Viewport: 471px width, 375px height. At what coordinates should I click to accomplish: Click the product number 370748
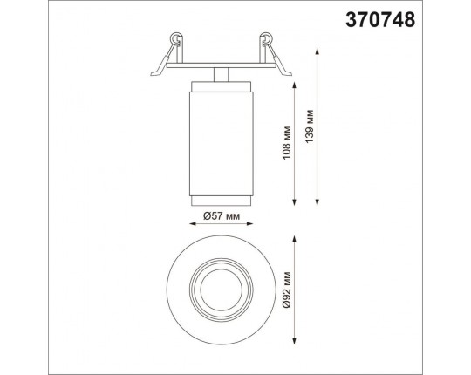tap(380, 20)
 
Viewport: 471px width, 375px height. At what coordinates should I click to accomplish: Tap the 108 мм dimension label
tap(287, 143)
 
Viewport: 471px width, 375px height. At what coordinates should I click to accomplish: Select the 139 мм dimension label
tap(309, 126)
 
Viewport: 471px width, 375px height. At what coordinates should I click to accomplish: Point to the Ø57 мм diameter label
tap(222, 215)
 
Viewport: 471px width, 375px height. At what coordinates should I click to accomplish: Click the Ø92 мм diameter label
tap(287, 290)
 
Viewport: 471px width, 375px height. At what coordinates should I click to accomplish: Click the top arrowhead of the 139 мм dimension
tap(317, 51)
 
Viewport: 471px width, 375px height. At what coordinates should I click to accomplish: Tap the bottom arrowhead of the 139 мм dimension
tap(317, 202)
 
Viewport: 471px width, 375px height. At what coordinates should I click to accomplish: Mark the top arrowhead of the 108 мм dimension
tap(295, 85)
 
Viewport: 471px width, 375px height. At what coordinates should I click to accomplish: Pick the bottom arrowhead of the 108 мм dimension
tap(295, 202)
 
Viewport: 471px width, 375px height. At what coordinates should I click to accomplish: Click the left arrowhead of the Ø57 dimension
tap(193, 223)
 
